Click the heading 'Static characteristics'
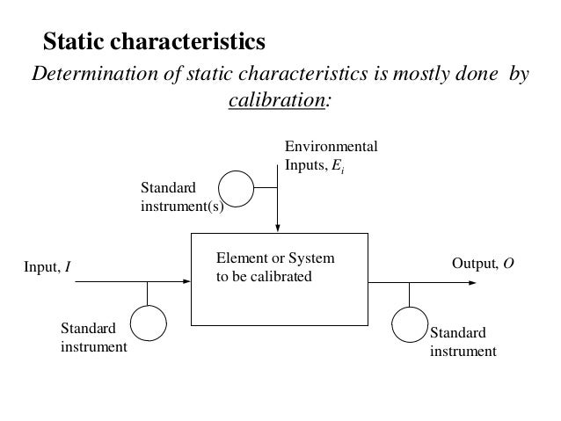pos(154,41)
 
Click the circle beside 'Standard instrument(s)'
pos(235,186)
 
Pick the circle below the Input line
pos(149,322)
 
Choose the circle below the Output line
pos(409,324)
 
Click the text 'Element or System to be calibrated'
pos(275,268)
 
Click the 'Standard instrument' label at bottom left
pos(92,338)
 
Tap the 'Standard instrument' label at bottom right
pos(462,341)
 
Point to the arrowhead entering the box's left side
pos(186,283)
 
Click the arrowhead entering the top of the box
pos(277,229)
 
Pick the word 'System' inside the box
pos(314,260)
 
